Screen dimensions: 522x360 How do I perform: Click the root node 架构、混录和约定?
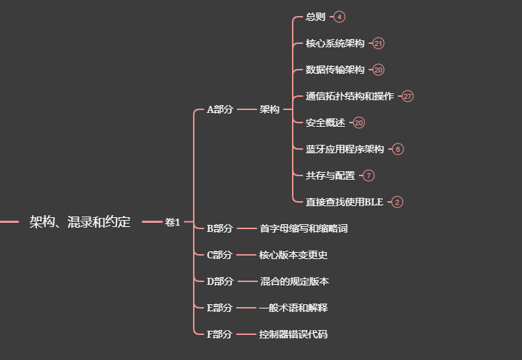79,222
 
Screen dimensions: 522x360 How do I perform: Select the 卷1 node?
172,222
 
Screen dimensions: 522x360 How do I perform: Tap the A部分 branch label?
220,109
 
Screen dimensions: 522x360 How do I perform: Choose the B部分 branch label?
220,228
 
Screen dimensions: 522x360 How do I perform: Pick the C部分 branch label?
220,255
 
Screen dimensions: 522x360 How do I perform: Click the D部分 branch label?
220,281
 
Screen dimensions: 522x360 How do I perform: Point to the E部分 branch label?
220,308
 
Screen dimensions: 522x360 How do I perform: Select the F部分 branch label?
220,334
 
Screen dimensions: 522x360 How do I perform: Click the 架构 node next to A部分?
269,109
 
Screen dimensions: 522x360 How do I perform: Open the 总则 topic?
315,17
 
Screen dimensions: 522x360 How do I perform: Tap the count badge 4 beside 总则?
339,17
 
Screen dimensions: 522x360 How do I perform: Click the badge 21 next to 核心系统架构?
378,43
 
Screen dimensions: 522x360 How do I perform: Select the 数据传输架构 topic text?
335,70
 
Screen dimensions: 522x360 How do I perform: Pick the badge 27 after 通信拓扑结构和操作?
408,96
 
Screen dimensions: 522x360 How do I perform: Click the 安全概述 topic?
325,123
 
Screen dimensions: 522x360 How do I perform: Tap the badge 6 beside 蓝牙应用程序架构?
397,149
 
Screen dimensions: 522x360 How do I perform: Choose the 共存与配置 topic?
330,175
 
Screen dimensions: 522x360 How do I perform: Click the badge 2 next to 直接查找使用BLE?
397,202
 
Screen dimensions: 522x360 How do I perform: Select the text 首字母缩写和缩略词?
303,228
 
